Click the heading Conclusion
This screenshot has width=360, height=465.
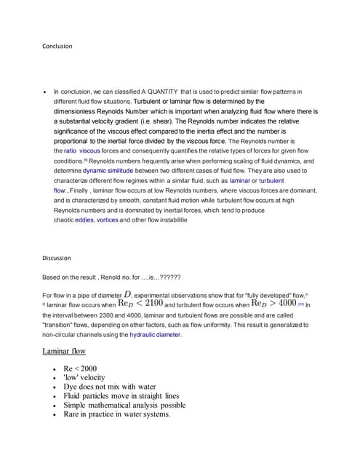(x=57, y=46)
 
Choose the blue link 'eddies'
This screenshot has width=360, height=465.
(x=84, y=219)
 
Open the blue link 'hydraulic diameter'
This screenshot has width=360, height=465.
(x=156, y=335)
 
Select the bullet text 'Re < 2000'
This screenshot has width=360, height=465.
(x=80, y=368)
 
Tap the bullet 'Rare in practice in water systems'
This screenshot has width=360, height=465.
(x=116, y=415)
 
